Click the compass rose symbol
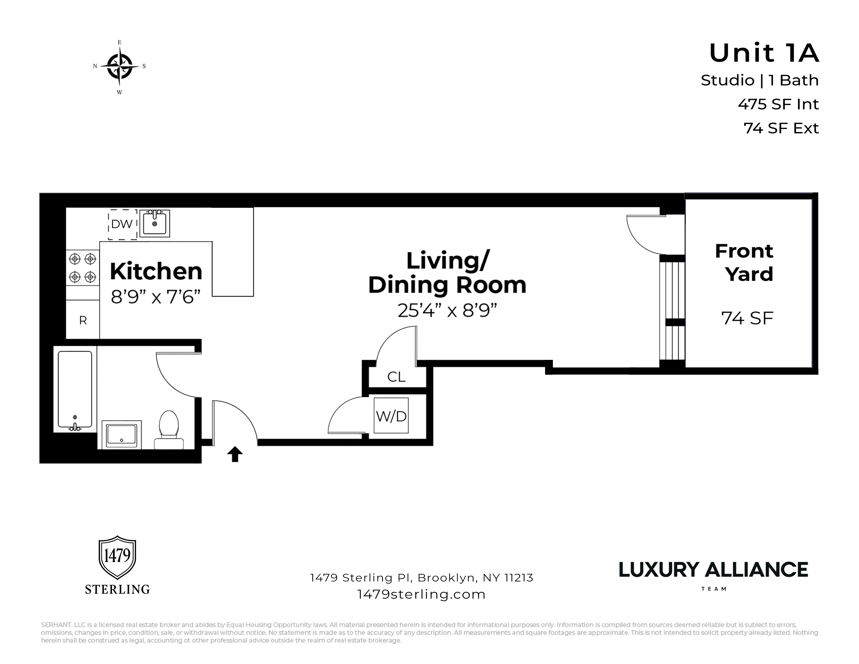pyautogui.click(x=119, y=66)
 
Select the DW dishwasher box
pyautogui.click(x=122, y=224)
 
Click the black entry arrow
pyautogui.click(x=235, y=454)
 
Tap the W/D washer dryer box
pyautogui.click(x=391, y=416)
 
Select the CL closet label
pyautogui.click(x=396, y=377)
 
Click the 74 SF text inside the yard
pyautogui.click(x=747, y=318)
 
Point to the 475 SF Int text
pyautogui.click(x=778, y=104)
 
